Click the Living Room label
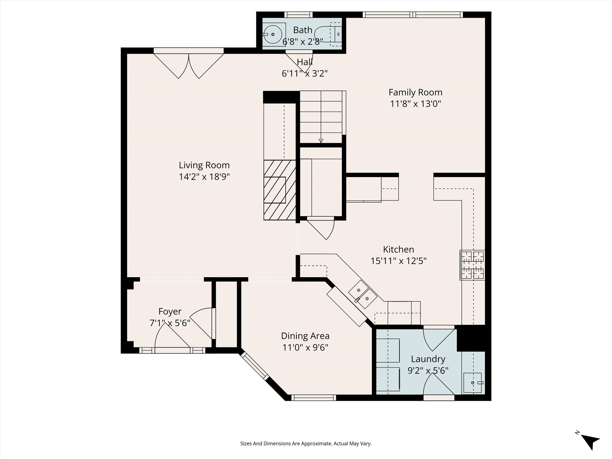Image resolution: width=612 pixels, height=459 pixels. point(204,165)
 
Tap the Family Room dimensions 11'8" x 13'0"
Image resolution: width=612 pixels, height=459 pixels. point(415,104)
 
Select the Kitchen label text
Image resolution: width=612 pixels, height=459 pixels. point(398,250)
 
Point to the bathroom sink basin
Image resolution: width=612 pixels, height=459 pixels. point(273,34)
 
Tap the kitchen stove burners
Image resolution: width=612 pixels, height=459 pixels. point(472,265)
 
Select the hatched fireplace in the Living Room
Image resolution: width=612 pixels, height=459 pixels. point(279,190)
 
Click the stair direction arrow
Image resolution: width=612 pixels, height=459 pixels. point(321,140)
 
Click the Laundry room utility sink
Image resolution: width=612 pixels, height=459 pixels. point(472,382)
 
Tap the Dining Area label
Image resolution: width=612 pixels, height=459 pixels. point(305,336)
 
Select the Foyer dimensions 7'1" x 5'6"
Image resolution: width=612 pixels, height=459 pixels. point(170,323)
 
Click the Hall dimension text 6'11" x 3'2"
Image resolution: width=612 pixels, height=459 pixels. point(305,74)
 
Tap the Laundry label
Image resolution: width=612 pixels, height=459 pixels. point(428,359)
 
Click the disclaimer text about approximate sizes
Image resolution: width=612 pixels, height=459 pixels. point(306,444)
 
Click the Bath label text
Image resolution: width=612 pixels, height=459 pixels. point(302,30)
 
